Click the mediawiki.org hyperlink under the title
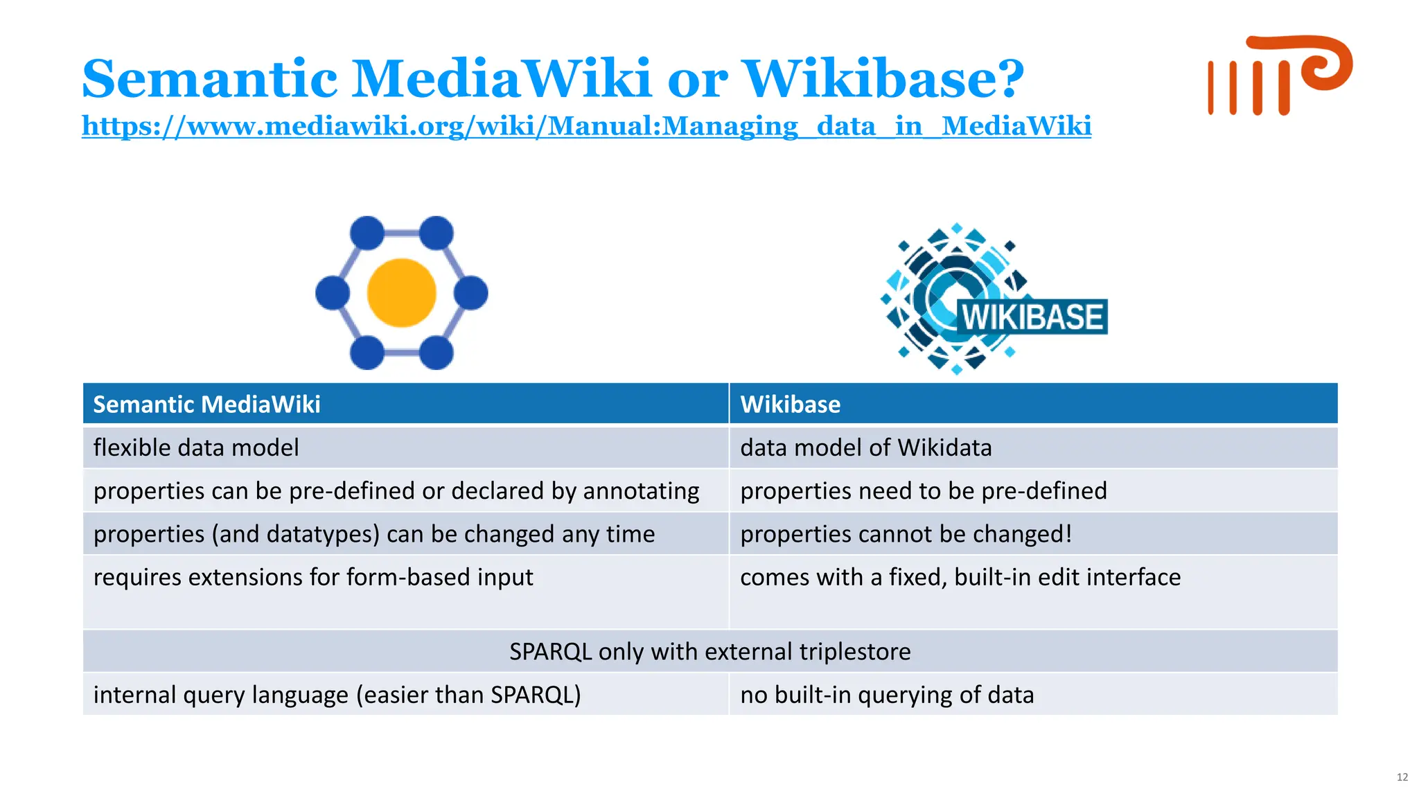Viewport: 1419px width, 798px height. tap(586, 126)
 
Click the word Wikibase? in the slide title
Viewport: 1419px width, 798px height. tap(883, 78)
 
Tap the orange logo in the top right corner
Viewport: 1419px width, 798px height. tap(1279, 75)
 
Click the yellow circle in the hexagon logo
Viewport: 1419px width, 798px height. tap(401, 292)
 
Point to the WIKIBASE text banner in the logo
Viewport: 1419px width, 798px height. tap(1032, 317)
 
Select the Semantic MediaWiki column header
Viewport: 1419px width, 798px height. tap(206, 404)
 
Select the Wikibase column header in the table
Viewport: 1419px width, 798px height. tap(790, 404)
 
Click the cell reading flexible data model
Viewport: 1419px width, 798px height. tap(196, 447)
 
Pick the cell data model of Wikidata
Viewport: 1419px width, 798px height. tap(865, 447)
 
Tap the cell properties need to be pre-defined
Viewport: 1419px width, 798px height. tap(923, 490)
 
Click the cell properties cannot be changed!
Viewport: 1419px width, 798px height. tap(906, 534)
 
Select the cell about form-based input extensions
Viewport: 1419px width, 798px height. tap(313, 577)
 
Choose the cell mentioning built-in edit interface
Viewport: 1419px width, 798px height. tap(960, 577)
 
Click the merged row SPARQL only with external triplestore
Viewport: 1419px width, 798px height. tap(709, 651)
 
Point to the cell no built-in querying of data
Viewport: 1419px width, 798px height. tap(886, 694)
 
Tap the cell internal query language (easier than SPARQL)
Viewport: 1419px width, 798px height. tap(337, 694)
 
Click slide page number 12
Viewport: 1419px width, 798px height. tap(1402, 777)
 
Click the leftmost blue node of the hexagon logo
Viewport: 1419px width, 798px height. tap(332, 292)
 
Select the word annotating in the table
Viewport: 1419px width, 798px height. tap(641, 491)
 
